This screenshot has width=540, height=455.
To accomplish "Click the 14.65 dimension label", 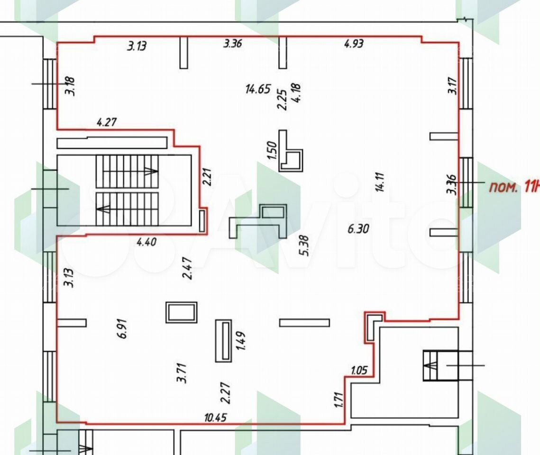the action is pos(258,89).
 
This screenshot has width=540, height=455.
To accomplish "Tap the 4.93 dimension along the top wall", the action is pos(354,44).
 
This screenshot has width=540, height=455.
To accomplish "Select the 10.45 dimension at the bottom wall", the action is pos(215,418).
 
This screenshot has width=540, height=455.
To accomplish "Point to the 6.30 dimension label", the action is pos(358,228).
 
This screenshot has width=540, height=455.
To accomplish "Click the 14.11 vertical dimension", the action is pos(380,182).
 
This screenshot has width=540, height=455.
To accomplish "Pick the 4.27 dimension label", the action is pos(107,122).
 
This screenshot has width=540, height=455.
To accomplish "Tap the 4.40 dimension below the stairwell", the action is pos(146,242).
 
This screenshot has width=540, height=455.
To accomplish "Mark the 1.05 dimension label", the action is pos(359,370).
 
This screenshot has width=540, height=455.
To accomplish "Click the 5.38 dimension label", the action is pos(305,246).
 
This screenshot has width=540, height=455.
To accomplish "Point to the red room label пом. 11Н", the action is pos(514,188).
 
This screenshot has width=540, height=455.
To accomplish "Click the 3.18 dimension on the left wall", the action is pos(70,86).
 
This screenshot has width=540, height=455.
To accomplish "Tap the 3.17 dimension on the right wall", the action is pos(452,86).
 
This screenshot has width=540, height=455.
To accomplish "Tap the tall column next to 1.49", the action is pos(223,341).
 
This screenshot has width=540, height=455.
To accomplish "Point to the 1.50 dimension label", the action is pos(272,150).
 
